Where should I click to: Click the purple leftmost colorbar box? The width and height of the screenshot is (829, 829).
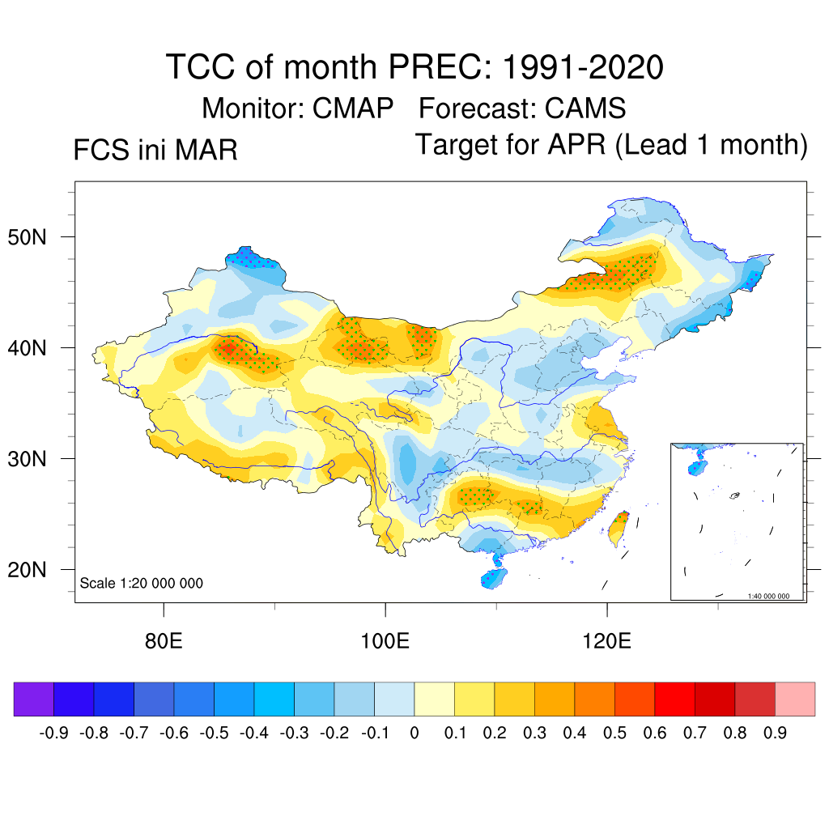(x=34, y=699)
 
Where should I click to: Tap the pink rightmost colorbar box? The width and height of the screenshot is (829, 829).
(x=795, y=699)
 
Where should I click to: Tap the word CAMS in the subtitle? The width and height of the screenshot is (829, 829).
(x=585, y=108)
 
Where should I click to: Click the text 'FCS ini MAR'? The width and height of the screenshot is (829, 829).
(x=155, y=151)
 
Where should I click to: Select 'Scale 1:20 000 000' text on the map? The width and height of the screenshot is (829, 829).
(x=142, y=583)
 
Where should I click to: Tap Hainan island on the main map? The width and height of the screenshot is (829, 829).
(x=491, y=578)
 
